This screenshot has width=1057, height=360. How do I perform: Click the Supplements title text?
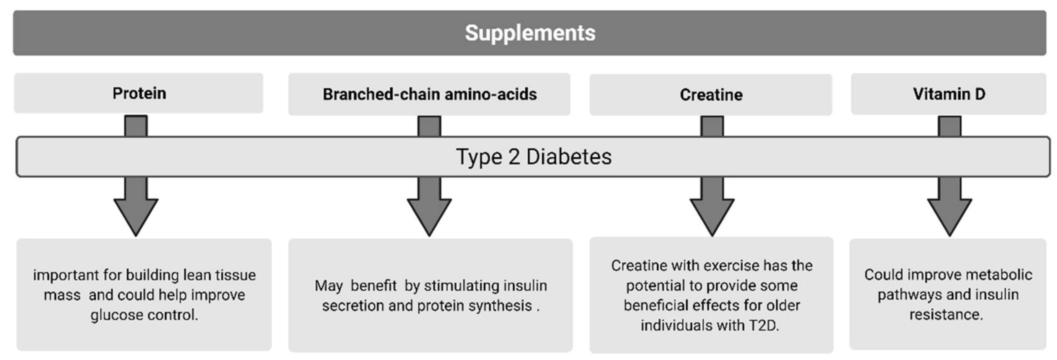coord(530,33)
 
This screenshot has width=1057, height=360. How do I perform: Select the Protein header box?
coord(139,93)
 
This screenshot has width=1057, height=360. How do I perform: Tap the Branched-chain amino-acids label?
coord(429,94)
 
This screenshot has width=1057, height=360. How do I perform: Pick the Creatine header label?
coord(711,95)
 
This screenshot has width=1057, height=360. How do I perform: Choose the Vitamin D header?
coord(949,94)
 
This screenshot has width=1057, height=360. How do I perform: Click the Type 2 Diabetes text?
coord(534,157)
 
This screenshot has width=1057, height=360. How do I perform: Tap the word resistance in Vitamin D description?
coord(946,315)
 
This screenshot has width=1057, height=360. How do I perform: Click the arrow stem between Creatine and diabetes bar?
coord(712,126)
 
